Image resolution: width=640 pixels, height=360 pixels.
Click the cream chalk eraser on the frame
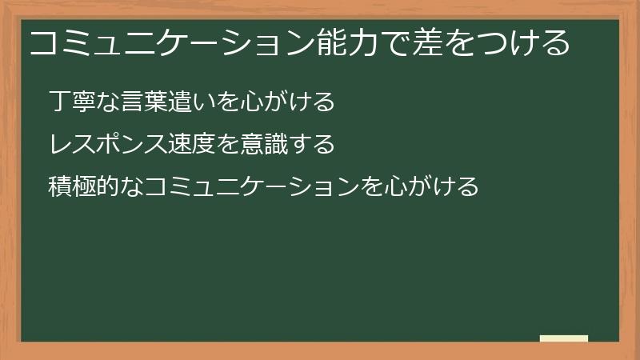click(x=563, y=338)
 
